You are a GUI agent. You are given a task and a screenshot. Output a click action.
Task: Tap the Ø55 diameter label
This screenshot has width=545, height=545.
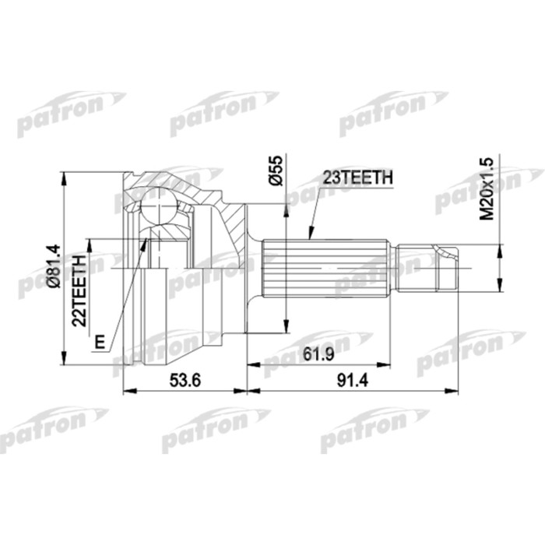[274, 170]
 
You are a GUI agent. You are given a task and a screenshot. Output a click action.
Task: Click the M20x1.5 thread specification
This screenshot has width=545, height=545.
[487, 188]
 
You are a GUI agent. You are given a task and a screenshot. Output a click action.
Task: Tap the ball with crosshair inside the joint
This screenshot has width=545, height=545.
[160, 209]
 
